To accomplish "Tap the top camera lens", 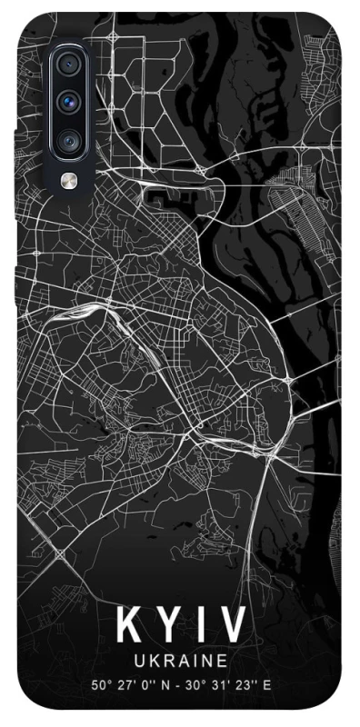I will pyautogui.click(x=69, y=65).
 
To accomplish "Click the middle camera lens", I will pyautogui.click(x=69, y=103).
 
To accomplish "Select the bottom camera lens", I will pyautogui.click(x=69, y=140).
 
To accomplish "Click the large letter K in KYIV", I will pyautogui.click(x=128, y=626).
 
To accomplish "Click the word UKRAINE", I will pyautogui.click(x=180, y=660).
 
